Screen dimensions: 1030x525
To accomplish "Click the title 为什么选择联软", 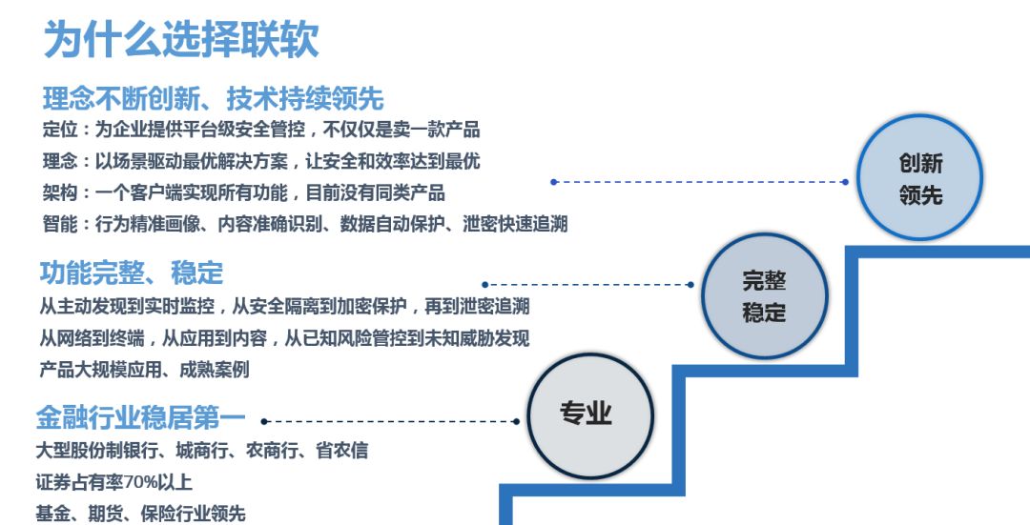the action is pyautogui.click(x=181, y=39).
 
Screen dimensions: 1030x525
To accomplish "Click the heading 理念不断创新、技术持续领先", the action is pyautogui.click(x=214, y=99).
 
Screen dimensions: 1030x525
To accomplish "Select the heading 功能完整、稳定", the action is pyautogui.click(x=132, y=273).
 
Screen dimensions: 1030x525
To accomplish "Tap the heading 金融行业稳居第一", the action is pyautogui.click(x=140, y=417).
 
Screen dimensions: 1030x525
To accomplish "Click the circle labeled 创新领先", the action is pyautogui.click(x=919, y=177).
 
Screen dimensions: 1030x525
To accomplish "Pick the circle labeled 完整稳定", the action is pyautogui.click(x=764, y=296).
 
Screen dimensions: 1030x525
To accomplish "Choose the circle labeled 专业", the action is pyautogui.click(x=590, y=416).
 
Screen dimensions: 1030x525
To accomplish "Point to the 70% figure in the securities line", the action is pyautogui.click(x=140, y=482).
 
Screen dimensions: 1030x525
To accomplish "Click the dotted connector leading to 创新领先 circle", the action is pyautogui.click(x=700, y=182).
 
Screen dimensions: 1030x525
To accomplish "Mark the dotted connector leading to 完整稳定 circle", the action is pyautogui.click(x=587, y=285).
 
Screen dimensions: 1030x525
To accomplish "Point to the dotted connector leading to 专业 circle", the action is pyautogui.click(x=390, y=421).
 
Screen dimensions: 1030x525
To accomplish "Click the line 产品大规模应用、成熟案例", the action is pyautogui.click(x=145, y=370).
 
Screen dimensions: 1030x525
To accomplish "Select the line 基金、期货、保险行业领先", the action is pyautogui.click(x=140, y=514).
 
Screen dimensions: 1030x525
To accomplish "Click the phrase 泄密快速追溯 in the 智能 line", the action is pyautogui.click(x=515, y=224).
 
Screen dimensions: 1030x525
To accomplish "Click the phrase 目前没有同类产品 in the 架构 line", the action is pyautogui.click(x=375, y=192).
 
